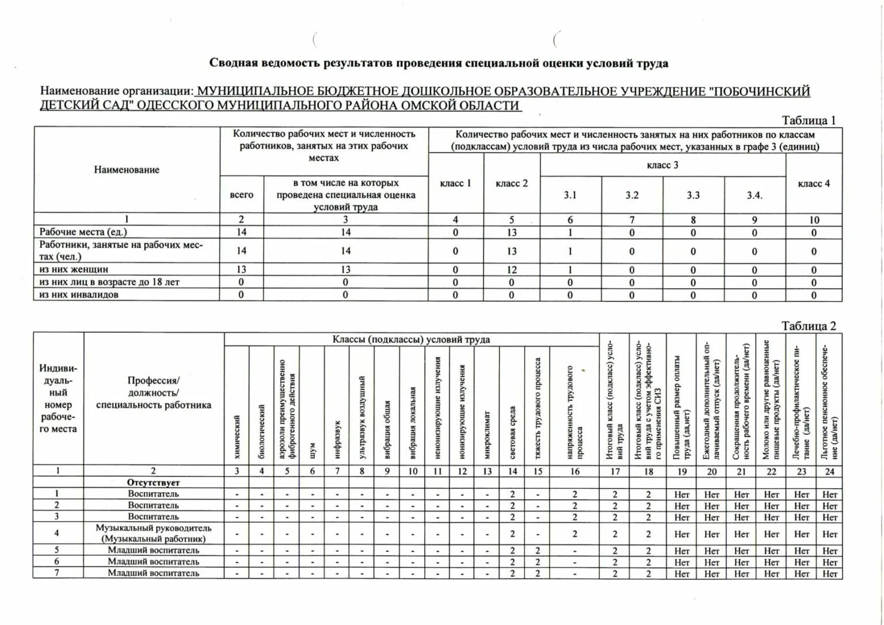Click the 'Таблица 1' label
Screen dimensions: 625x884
[808, 121]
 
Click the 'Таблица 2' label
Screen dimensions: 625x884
[808, 326]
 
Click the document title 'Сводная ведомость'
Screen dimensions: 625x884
[439, 63]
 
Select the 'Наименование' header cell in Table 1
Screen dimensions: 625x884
[127, 170]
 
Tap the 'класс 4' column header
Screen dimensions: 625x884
[814, 183]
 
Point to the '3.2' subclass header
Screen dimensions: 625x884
[632, 195]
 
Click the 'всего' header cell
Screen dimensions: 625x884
[241, 194]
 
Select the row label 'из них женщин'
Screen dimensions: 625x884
[74, 269]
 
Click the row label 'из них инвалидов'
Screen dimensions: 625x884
[79, 294]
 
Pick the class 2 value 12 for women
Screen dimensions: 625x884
[512, 270]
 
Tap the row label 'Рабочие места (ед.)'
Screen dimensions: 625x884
[83, 232]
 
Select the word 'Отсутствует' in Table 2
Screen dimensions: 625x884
[154, 483]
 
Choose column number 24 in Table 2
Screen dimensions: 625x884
[829, 471]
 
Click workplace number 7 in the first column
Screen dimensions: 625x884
[57, 573]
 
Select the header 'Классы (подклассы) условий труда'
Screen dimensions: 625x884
[411, 339]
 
